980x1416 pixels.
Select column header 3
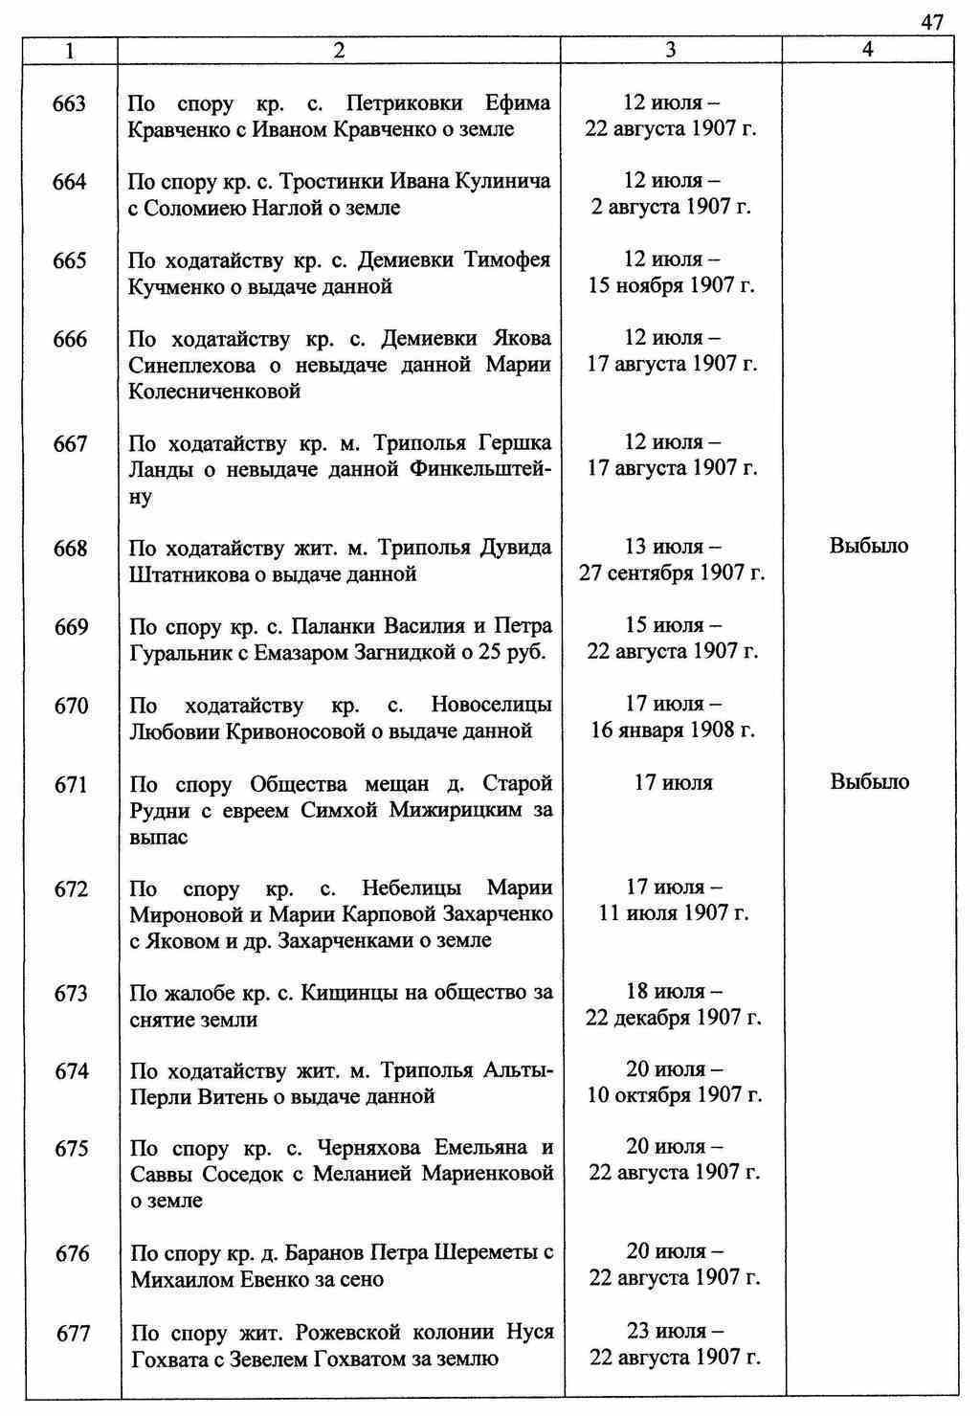coord(670,50)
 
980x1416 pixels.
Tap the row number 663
coord(70,103)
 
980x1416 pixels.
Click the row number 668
coord(71,549)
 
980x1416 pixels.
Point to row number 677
coord(73,1333)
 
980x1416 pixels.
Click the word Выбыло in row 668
coord(869,547)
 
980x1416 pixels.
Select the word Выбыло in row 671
coord(869,782)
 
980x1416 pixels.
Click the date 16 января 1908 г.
coord(672,730)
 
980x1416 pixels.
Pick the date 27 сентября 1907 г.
coord(672,573)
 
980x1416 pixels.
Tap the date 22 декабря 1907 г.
coord(673,1018)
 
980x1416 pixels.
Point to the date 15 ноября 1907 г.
coord(672,286)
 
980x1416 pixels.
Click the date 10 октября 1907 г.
coord(674,1095)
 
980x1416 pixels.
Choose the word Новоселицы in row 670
coord(491,706)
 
